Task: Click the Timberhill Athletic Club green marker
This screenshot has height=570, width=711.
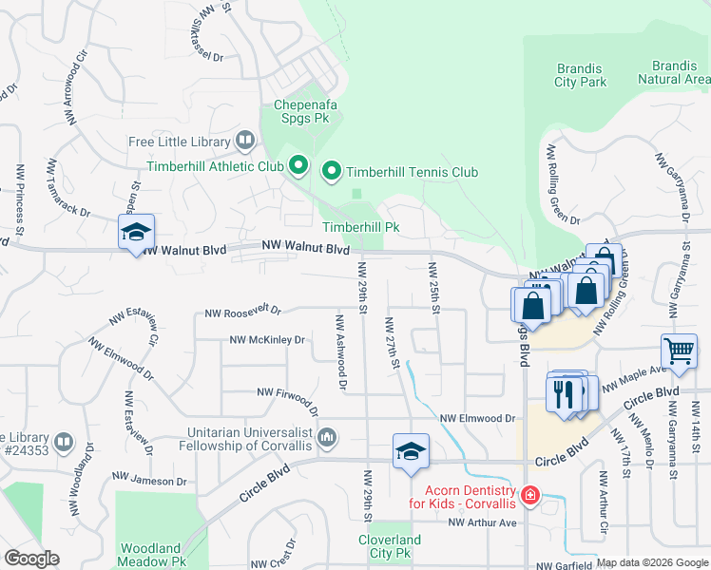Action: click(x=298, y=167)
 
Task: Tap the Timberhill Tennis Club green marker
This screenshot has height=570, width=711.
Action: click(x=332, y=172)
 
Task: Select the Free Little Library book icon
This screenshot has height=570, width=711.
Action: click(x=245, y=142)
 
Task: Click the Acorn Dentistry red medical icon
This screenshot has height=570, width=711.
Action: click(x=529, y=495)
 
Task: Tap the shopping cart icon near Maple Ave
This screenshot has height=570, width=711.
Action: click(x=679, y=351)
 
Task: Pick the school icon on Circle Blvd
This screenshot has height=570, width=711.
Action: click(x=411, y=452)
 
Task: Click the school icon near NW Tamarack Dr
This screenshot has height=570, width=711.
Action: click(x=136, y=232)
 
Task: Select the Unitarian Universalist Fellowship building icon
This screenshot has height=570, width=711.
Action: click(x=327, y=437)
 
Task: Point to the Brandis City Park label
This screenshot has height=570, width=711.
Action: click(x=580, y=75)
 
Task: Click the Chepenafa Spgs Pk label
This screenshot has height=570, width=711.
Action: click(x=306, y=112)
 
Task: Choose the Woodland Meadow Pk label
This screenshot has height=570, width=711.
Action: click(x=150, y=555)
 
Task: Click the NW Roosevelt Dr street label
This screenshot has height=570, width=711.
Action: click(x=243, y=311)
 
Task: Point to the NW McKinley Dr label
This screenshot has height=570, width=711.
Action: click(x=267, y=339)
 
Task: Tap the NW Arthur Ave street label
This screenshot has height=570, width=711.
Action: click(x=482, y=522)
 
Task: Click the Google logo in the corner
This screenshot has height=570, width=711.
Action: click(x=31, y=559)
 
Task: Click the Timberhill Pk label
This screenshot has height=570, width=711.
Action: click(x=360, y=228)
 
